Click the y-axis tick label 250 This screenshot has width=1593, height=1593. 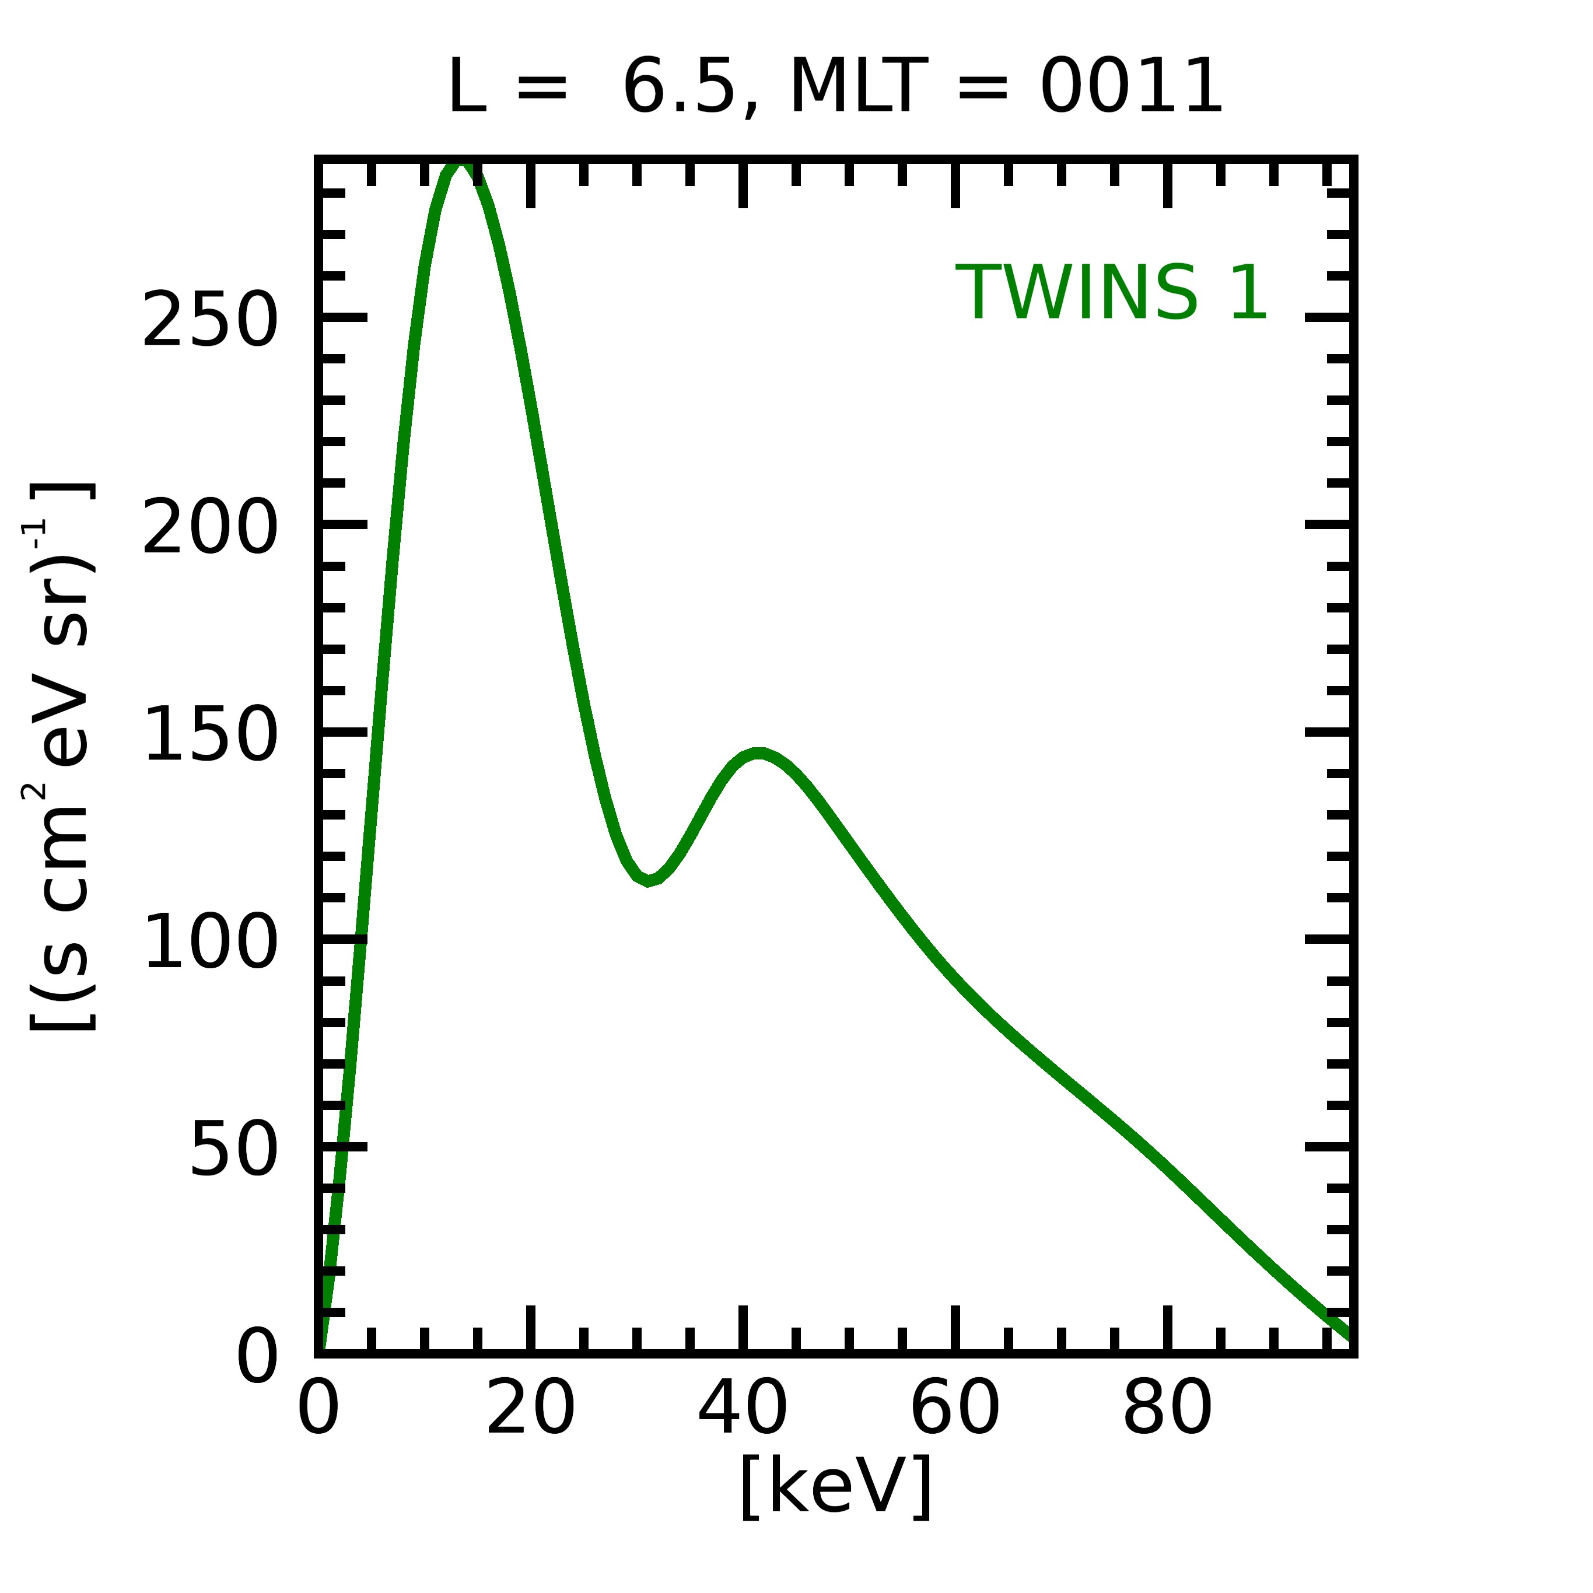(x=209, y=320)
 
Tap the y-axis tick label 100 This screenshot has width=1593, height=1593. (x=209, y=943)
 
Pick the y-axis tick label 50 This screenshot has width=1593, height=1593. (x=233, y=1150)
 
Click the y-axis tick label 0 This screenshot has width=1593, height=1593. (x=257, y=1358)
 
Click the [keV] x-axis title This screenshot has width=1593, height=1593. (x=836, y=1486)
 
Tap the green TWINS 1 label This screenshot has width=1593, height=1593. (x=1111, y=293)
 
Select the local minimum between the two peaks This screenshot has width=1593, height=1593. (x=649, y=881)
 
